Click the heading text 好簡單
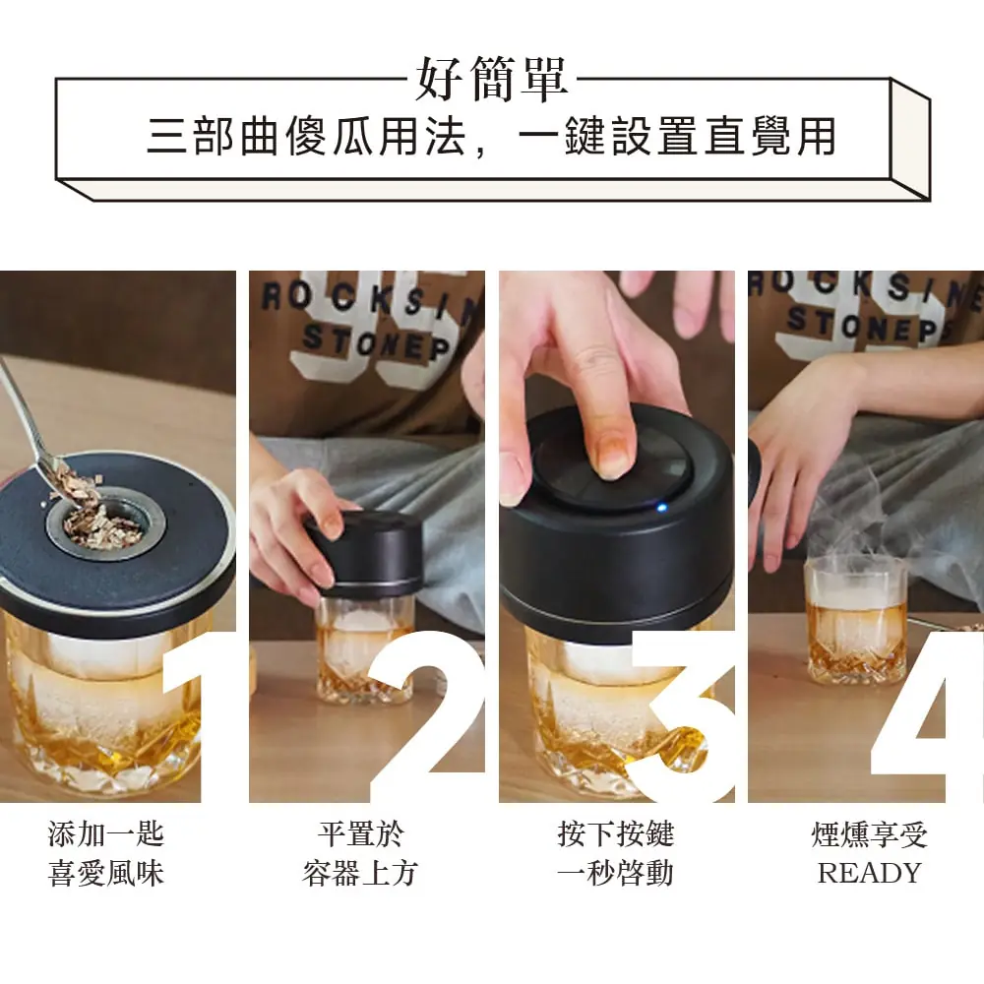coord(492,79)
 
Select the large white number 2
coord(428,716)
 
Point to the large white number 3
coord(684,716)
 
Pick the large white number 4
coord(928,716)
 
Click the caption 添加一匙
coord(106,834)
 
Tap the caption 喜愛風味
coord(106,873)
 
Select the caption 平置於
coord(361,834)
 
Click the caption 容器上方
coord(360,873)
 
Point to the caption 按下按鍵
coord(616,834)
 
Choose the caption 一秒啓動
coord(616,873)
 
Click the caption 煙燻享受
coord(869,834)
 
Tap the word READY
coord(869,873)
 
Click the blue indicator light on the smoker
coord(661,507)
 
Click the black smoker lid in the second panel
coord(364,553)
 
